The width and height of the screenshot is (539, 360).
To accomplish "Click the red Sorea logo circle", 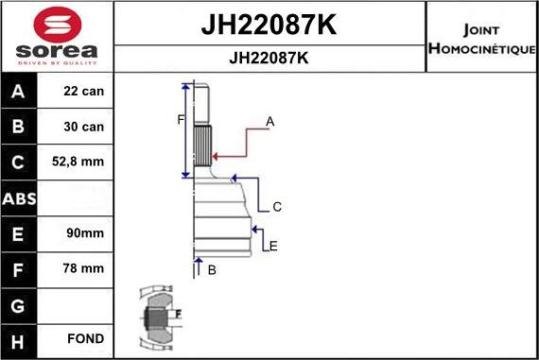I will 56,22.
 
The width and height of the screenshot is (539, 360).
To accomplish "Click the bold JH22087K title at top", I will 269,26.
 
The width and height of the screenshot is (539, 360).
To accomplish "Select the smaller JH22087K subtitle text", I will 269,58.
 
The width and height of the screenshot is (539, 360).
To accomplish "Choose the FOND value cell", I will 86,338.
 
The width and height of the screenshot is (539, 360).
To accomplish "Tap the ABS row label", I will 19,197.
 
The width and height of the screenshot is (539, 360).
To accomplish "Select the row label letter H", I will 19,338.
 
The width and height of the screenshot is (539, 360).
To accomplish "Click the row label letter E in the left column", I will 19,232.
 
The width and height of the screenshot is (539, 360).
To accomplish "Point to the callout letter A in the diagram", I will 270,121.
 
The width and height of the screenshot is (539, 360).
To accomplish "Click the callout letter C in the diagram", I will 277,207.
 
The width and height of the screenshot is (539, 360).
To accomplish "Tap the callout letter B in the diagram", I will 212,270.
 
